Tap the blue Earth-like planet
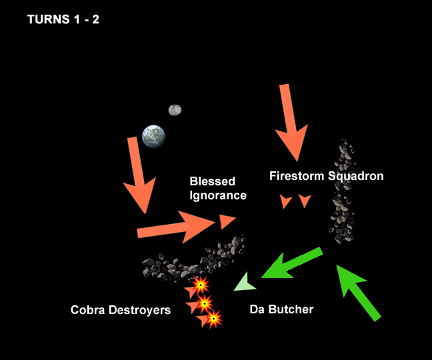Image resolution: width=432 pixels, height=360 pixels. pyautogui.click(x=153, y=135)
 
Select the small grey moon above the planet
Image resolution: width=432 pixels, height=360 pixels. pyautogui.click(x=175, y=110)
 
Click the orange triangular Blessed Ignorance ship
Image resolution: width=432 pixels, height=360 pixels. pyautogui.click(x=227, y=221)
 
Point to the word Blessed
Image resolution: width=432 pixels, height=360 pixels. pyautogui.click(x=211, y=181)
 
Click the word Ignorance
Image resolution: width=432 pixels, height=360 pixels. pyautogui.click(x=218, y=195)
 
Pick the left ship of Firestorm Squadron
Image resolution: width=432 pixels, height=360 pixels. pyautogui.click(x=287, y=201)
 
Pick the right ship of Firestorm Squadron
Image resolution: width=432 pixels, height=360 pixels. pyautogui.click(x=305, y=200)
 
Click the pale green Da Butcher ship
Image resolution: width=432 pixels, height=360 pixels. pyautogui.click(x=245, y=284)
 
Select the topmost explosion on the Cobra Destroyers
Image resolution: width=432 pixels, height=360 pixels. pyautogui.click(x=199, y=287)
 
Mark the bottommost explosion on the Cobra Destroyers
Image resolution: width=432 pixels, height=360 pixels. pyautogui.click(x=213, y=319)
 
